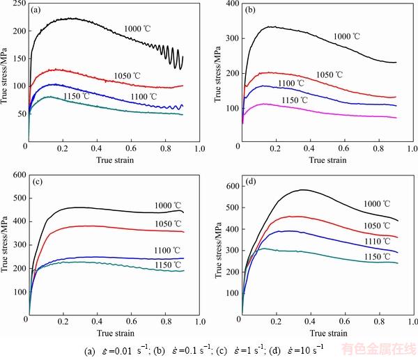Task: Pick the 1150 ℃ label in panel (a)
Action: (77, 95)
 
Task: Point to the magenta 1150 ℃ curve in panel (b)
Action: (334, 113)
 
